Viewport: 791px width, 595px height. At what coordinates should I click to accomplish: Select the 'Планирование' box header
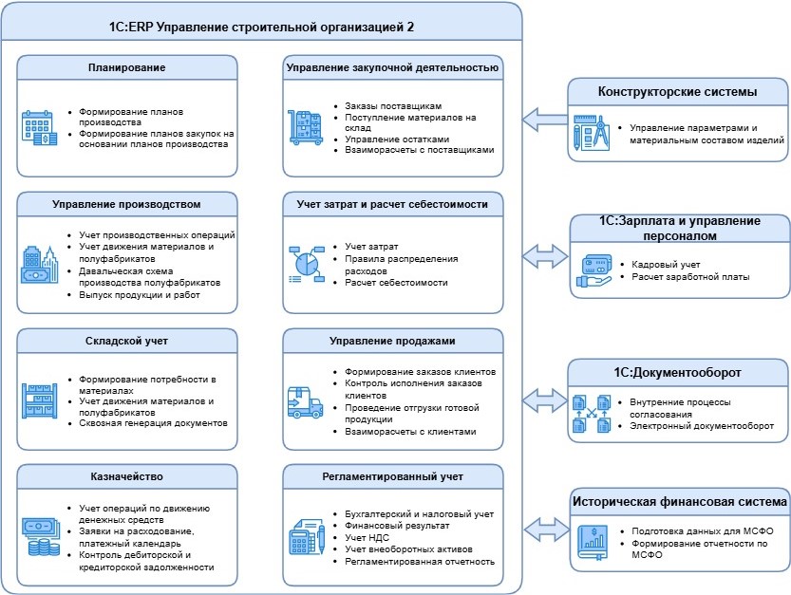click(x=127, y=67)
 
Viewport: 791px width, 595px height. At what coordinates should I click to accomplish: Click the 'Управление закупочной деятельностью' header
click(x=392, y=67)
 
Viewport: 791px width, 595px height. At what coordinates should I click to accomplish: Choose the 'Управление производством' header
click(x=127, y=203)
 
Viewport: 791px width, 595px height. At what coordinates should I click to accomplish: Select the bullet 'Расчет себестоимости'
click(x=396, y=283)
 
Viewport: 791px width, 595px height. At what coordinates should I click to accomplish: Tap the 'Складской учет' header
click(x=127, y=340)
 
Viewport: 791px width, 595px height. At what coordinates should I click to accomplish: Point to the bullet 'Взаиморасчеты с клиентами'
click(x=410, y=432)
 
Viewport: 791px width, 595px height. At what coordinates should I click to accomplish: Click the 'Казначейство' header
click(x=127, y=475)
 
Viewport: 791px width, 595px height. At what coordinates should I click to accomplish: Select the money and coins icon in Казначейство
click(x=40, y=537)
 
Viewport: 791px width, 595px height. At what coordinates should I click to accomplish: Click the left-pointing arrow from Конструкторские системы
click(x=541, y=119)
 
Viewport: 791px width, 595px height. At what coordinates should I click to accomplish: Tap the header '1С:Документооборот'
click(x=678, y=372)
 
